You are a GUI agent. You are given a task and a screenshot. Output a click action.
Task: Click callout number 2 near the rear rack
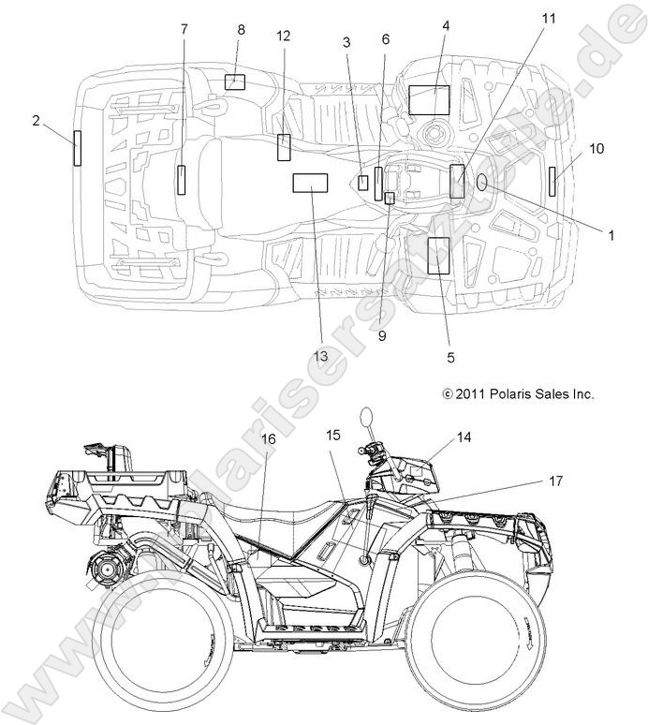click(x=36, y=120)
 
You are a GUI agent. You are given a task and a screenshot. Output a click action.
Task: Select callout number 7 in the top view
click(x=184, y=28)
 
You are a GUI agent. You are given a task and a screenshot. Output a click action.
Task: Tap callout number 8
click(x=241, y=29)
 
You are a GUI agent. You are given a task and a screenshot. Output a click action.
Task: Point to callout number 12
click(x=284, y=36)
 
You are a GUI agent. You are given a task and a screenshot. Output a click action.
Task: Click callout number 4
click(x=446, y=25)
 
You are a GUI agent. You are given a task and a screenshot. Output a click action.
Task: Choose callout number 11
click(x=548, y=19)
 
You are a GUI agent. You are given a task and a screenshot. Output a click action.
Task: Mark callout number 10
click(x=596, y=148)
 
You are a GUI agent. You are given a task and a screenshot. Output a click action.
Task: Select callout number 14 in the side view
click(x=464, y=436)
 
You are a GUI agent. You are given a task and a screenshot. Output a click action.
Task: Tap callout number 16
click(x=269, y=438)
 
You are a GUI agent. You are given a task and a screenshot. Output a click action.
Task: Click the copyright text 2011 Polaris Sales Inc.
click(x=518, y=394)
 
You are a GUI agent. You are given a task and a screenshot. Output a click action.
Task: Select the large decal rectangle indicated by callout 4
click(x=429, y=99)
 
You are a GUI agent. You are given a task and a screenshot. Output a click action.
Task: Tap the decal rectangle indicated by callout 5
click(x=438, y=255)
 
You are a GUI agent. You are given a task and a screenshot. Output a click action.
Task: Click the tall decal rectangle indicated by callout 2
click(x=78, y=147)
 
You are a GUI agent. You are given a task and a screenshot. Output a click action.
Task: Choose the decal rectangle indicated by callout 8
click(x=234, y=81)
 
